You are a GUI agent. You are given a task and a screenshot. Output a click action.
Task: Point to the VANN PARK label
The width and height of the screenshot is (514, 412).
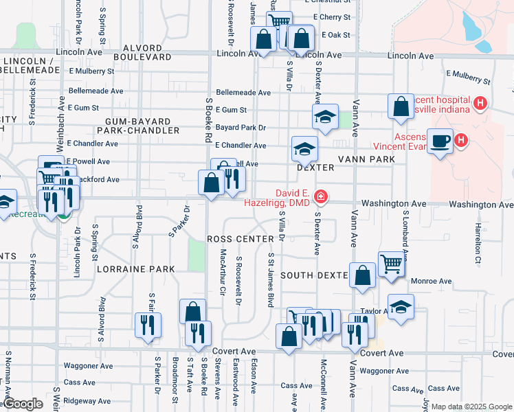366,159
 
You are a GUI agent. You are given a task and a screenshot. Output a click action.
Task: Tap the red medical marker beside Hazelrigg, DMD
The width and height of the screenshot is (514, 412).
320,198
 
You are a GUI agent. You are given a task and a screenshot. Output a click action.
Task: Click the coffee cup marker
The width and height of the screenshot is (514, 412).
440,141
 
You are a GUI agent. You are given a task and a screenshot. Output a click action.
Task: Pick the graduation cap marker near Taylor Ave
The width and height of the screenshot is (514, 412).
401,306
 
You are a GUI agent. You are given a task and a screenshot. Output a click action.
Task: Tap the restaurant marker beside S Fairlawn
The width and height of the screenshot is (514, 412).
148,325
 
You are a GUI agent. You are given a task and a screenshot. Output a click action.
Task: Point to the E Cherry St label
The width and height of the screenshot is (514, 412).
331,16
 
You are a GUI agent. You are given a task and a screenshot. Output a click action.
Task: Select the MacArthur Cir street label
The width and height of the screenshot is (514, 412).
222,273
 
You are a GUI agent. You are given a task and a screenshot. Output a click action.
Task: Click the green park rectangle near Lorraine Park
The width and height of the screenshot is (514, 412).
197,255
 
